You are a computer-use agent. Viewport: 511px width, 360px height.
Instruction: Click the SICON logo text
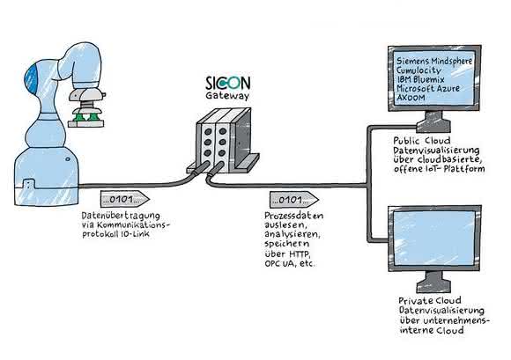coord(228,83)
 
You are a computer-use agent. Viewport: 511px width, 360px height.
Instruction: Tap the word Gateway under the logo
coord(227,96)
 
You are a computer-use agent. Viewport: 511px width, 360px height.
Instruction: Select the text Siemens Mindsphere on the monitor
coord(434,61)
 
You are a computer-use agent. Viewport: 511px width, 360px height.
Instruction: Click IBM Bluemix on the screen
coord(420,79)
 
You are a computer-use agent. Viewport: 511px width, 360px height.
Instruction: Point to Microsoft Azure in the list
coord(428,88)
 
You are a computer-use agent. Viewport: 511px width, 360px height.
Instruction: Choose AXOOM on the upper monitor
coord(411,98)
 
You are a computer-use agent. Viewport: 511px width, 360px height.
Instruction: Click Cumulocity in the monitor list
coord(418,70)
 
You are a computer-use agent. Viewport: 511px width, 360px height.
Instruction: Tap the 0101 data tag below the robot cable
coord(125,199)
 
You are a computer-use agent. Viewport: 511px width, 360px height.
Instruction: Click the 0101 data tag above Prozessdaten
coord(294,199)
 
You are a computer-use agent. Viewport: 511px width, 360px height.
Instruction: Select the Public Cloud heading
coord(422,141)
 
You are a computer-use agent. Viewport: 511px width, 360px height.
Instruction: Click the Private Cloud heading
coord(430,300)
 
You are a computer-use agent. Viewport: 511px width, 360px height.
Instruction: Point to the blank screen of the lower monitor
coord(434,238)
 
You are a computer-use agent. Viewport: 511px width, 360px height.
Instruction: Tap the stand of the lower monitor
coord(433,283)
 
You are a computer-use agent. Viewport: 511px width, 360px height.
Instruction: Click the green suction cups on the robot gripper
coord(86,116)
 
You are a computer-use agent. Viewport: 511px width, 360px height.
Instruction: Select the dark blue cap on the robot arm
coord(32,78)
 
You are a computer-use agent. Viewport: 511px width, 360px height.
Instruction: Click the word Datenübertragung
coord(121,217)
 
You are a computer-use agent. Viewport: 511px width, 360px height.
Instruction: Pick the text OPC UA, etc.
coord(290,263)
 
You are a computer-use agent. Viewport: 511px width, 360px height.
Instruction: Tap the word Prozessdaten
coord(293,216)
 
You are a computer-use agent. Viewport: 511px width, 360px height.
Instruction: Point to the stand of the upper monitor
coord(433,122)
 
